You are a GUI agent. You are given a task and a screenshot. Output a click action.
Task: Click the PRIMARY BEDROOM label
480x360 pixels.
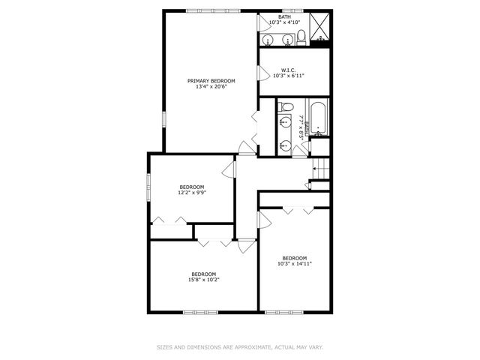tap(211, 81)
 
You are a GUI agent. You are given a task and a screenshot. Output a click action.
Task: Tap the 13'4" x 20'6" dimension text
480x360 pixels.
tap(211, 87)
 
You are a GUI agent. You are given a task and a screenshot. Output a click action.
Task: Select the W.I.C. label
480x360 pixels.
tap(289, 70)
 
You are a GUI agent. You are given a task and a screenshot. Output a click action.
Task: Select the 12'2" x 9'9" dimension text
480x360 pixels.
tap(191, 193)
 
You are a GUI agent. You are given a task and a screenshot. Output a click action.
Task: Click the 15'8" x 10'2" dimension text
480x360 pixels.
tap(203, 280)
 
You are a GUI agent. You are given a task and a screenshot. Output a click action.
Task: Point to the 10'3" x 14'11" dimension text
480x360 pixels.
tap(294, 264)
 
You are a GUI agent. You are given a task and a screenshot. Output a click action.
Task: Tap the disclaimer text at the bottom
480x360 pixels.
tap(240, 347)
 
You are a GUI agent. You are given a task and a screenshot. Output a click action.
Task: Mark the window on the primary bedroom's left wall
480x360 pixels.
tap(164, 120)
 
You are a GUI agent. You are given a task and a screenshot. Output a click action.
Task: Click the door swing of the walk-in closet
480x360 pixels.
tap(262, 73)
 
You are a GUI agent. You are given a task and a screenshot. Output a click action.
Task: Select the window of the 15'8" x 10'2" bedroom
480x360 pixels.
tap(199, 311)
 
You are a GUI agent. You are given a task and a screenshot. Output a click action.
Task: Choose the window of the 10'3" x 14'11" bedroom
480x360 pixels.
tap(283, 311)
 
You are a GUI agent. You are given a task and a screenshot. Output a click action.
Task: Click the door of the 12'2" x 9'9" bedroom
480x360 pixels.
tap(229, 169)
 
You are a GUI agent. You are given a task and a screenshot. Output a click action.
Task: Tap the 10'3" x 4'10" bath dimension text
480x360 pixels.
tap(286, 22)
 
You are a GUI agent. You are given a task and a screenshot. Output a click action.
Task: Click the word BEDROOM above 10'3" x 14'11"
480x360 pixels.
tap(294, 258)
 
